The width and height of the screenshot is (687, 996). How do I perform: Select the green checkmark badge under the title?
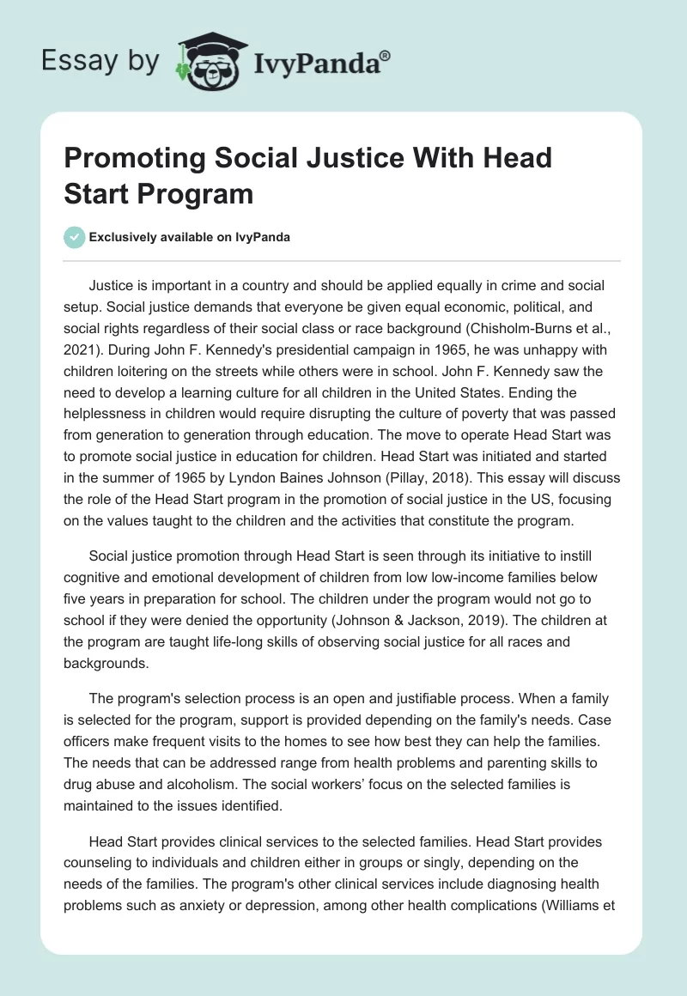[x=75, y=237]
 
